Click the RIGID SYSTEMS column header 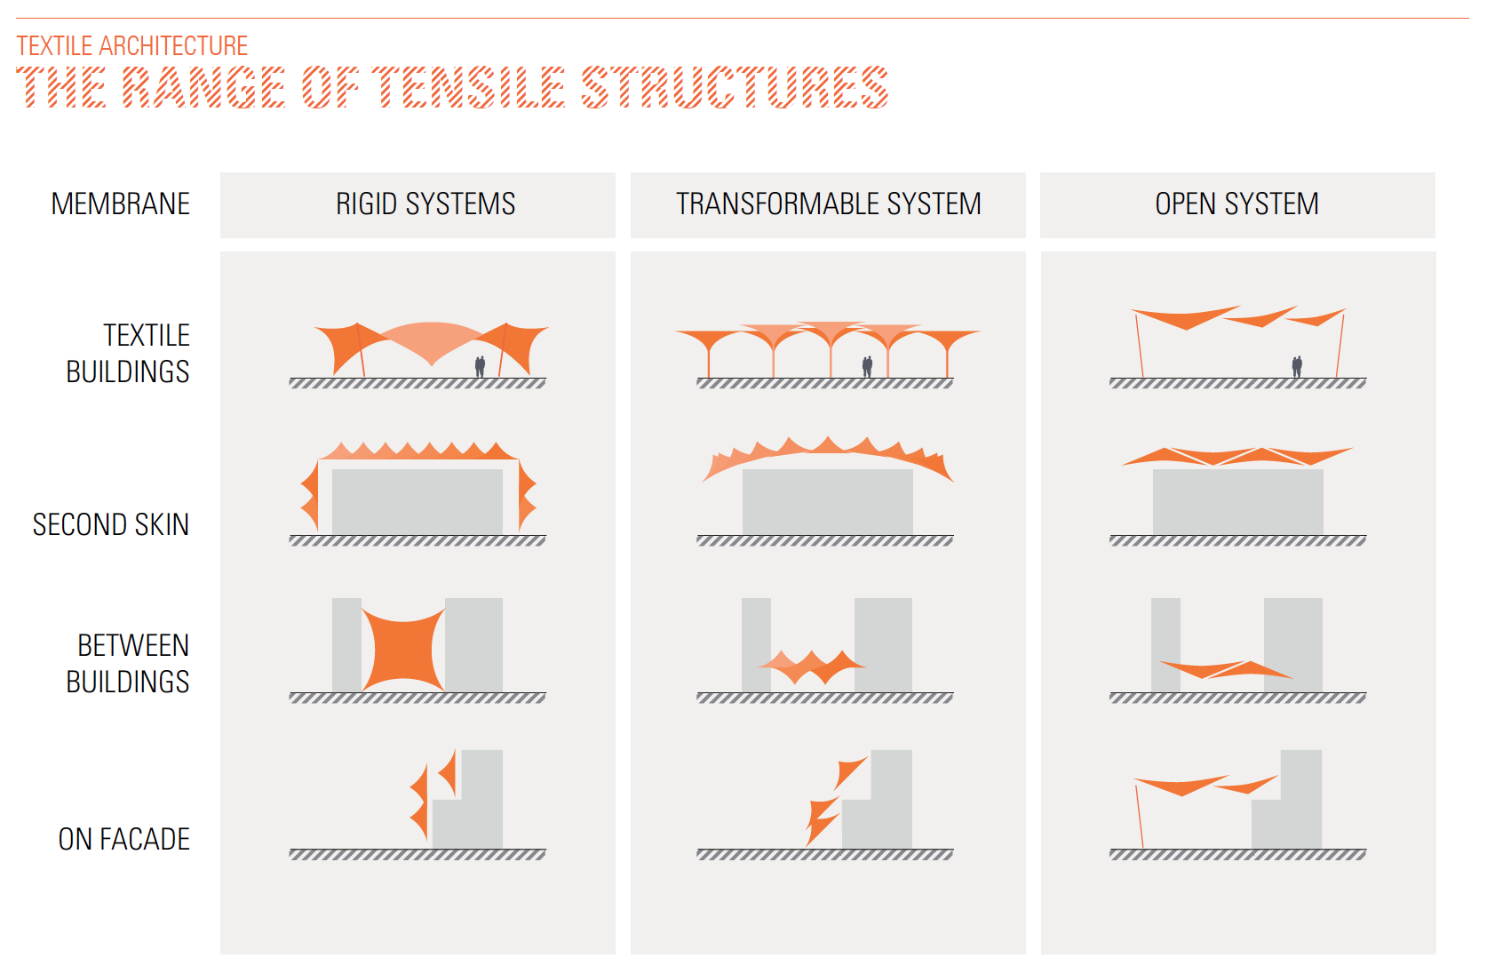click(x=425, y=204)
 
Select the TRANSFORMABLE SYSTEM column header click(x=828, y=204)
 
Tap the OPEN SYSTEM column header click(x=1237, y=204)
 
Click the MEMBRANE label click(x=121, y=204)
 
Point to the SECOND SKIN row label click(x=111, y=525)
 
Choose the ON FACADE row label click(x=124, y=839)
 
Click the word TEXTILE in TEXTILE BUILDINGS click(x=147, y=336)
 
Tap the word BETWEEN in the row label click(x=133, y=645)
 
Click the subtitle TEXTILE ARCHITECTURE click(x=132, y=46)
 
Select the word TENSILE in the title click(x=468, y=87)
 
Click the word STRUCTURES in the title click(x=735, y=87)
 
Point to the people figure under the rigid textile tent click(x=480, y=366)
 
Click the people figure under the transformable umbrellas click(x=867, y=366)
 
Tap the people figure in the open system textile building click(x=1297, y=366)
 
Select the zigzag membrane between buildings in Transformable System click(x=810, y=664)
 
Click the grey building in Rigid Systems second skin click(x=417, y=502)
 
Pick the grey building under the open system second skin click(x=1237, y=502)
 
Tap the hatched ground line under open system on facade click(x=1237, y=855)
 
